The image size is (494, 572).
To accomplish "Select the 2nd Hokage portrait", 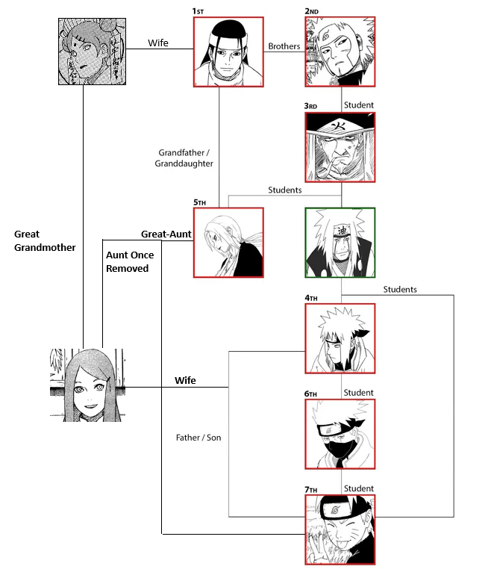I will click(340, 52).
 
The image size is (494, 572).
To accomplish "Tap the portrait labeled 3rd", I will click(340, 148).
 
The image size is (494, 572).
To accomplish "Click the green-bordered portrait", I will click(340, 243).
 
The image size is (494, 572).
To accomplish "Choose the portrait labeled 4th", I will click(340, 338).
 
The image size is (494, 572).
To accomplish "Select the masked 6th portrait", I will click(340, 433).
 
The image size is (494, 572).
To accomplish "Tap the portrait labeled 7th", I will click(340, 529).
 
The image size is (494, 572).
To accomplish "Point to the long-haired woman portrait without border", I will click(85, 385).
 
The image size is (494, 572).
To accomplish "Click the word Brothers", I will click(284, 46).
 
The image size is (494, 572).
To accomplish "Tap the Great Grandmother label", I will click(45, 240).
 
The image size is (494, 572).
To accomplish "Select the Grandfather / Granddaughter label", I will click(184, 158).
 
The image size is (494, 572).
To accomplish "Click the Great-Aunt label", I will click(166, 234).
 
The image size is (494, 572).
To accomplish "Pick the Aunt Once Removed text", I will click(130, 261).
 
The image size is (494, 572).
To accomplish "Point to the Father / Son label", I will click(198, 437).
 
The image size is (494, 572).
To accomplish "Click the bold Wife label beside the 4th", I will click(185, 380).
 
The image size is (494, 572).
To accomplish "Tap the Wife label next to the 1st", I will click(157, 43).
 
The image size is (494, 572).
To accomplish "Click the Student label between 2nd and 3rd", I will click(359, 105).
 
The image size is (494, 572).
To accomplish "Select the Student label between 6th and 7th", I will click(359, 488).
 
